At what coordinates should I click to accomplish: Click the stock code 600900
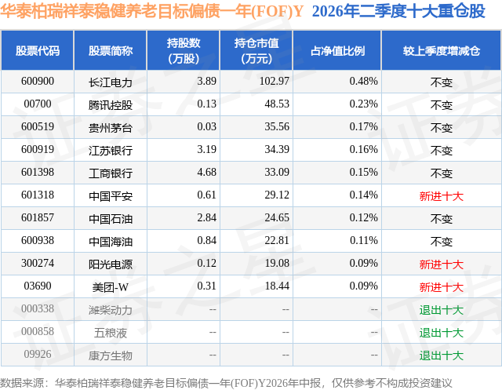point(38,82)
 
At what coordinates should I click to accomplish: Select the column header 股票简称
point(111,51)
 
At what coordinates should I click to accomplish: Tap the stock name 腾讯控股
point(111,104)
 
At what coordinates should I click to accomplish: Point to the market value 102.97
point(275,82)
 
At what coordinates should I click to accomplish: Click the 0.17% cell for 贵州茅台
point(364,127)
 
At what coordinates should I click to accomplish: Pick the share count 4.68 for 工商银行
point(207,173)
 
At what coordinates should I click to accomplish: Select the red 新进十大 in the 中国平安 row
point(441,196)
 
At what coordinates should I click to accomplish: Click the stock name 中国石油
point(111,219)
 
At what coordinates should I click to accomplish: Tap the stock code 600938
point(38,240)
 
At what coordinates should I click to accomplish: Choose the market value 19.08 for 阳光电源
point(277,263)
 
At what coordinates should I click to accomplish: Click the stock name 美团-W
point(111,287)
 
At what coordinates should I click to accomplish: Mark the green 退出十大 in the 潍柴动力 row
point(441,310)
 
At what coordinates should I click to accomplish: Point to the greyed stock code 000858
point(38,331)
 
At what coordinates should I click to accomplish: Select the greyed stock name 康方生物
point(111,355)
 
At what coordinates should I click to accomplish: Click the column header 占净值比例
point(337,51)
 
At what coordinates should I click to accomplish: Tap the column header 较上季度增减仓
point(441,51)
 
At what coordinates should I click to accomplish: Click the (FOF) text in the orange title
point(272,12)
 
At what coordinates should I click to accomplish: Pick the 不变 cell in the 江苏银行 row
point(441,151)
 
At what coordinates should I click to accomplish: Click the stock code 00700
point(38,104)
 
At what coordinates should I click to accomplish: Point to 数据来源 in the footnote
point(21,383)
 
